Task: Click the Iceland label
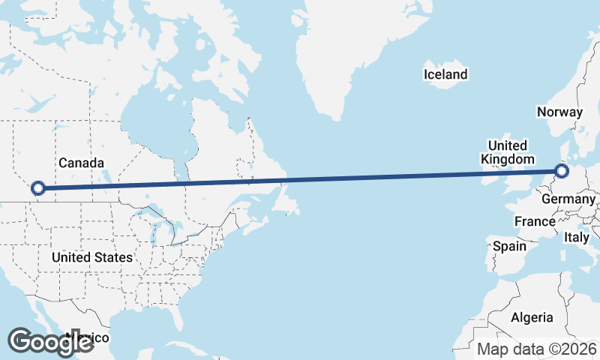(445, 74)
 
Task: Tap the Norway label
(559, 112)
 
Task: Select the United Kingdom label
(507, 152)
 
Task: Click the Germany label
(568, 199)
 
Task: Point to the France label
(535, 221)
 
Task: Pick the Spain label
(509, 245)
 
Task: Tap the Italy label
(577, 237)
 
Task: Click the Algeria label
(532, 317)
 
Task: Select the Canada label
(81, 163)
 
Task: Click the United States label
(92, 257)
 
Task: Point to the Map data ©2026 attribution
(537, 349)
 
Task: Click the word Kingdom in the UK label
(507, 160)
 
